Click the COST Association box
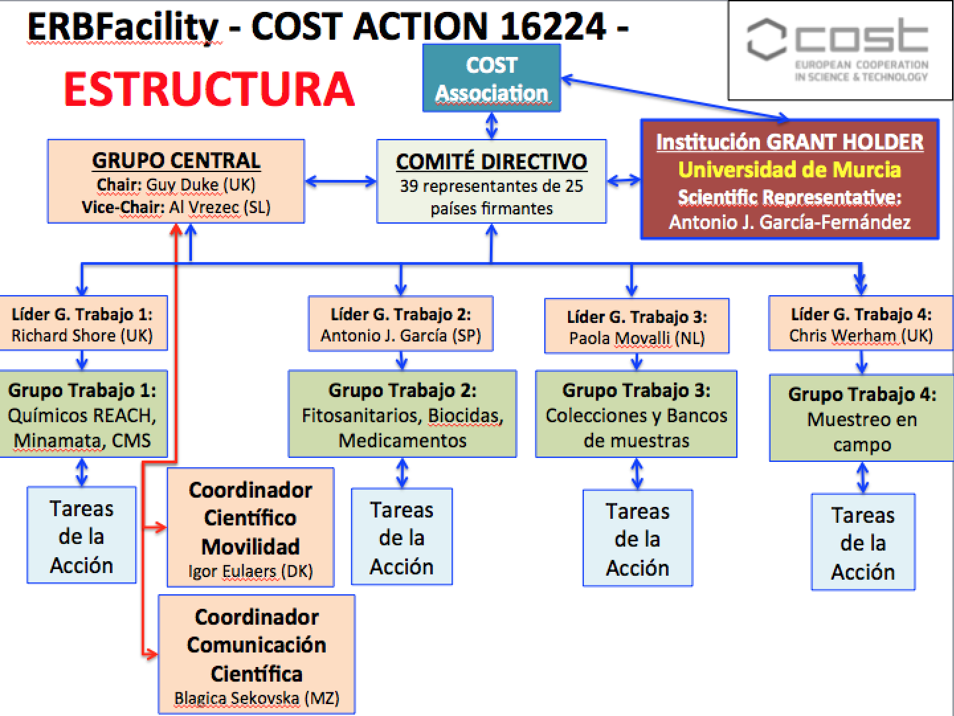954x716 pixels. coord(491,78)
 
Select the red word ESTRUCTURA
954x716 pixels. coord(209,89)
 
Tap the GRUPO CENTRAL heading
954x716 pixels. coord(176,160)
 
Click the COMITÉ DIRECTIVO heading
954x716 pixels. coord(491,161)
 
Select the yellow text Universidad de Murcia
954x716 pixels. coord(789,169)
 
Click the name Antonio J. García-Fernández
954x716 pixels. coord(789,222)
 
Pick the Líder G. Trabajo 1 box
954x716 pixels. coord(82,324)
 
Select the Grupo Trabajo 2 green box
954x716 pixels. coord(402,414)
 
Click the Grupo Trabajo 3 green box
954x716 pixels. coord(636,414)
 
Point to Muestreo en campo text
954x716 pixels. coord(861,431)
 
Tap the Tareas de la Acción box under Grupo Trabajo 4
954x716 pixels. coord(863,542)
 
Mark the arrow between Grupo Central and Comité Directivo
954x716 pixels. coord(340,181)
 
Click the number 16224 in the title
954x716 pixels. coord(553,26)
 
